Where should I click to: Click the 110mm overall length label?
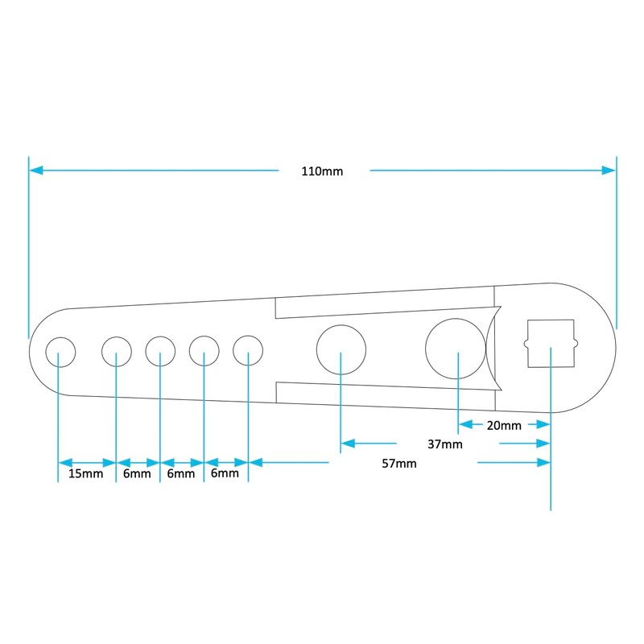click(x=322, y=171)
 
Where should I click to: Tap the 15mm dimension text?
click(x=85, y=473)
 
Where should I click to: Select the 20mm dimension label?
click(x=504, y=426)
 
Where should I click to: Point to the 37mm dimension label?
click(x=445, y=444)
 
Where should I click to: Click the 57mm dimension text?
click(x=399, y=464)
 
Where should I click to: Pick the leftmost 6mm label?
click(x=137, y=473)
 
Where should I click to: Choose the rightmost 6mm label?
click(x=225, y=473)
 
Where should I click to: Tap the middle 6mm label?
click(x=180, y=473)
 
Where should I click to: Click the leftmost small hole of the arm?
click(x=61, y=337)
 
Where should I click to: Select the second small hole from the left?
click(x=117, y=337)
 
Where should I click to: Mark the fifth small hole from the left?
click(x=248, y=336)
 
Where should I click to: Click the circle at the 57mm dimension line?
click(x=341, y=325)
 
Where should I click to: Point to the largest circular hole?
click(x=456, y=318)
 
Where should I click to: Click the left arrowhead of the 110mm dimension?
click(x=35, y=170)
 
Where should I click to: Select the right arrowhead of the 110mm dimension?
click(x=609, y=170)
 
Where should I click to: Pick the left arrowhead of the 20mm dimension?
click(x=465, y=424)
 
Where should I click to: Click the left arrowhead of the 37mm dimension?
click(x=348, y=444)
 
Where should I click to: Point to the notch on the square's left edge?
click(x=526, y=344)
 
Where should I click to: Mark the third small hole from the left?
click(x=160, y=337)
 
